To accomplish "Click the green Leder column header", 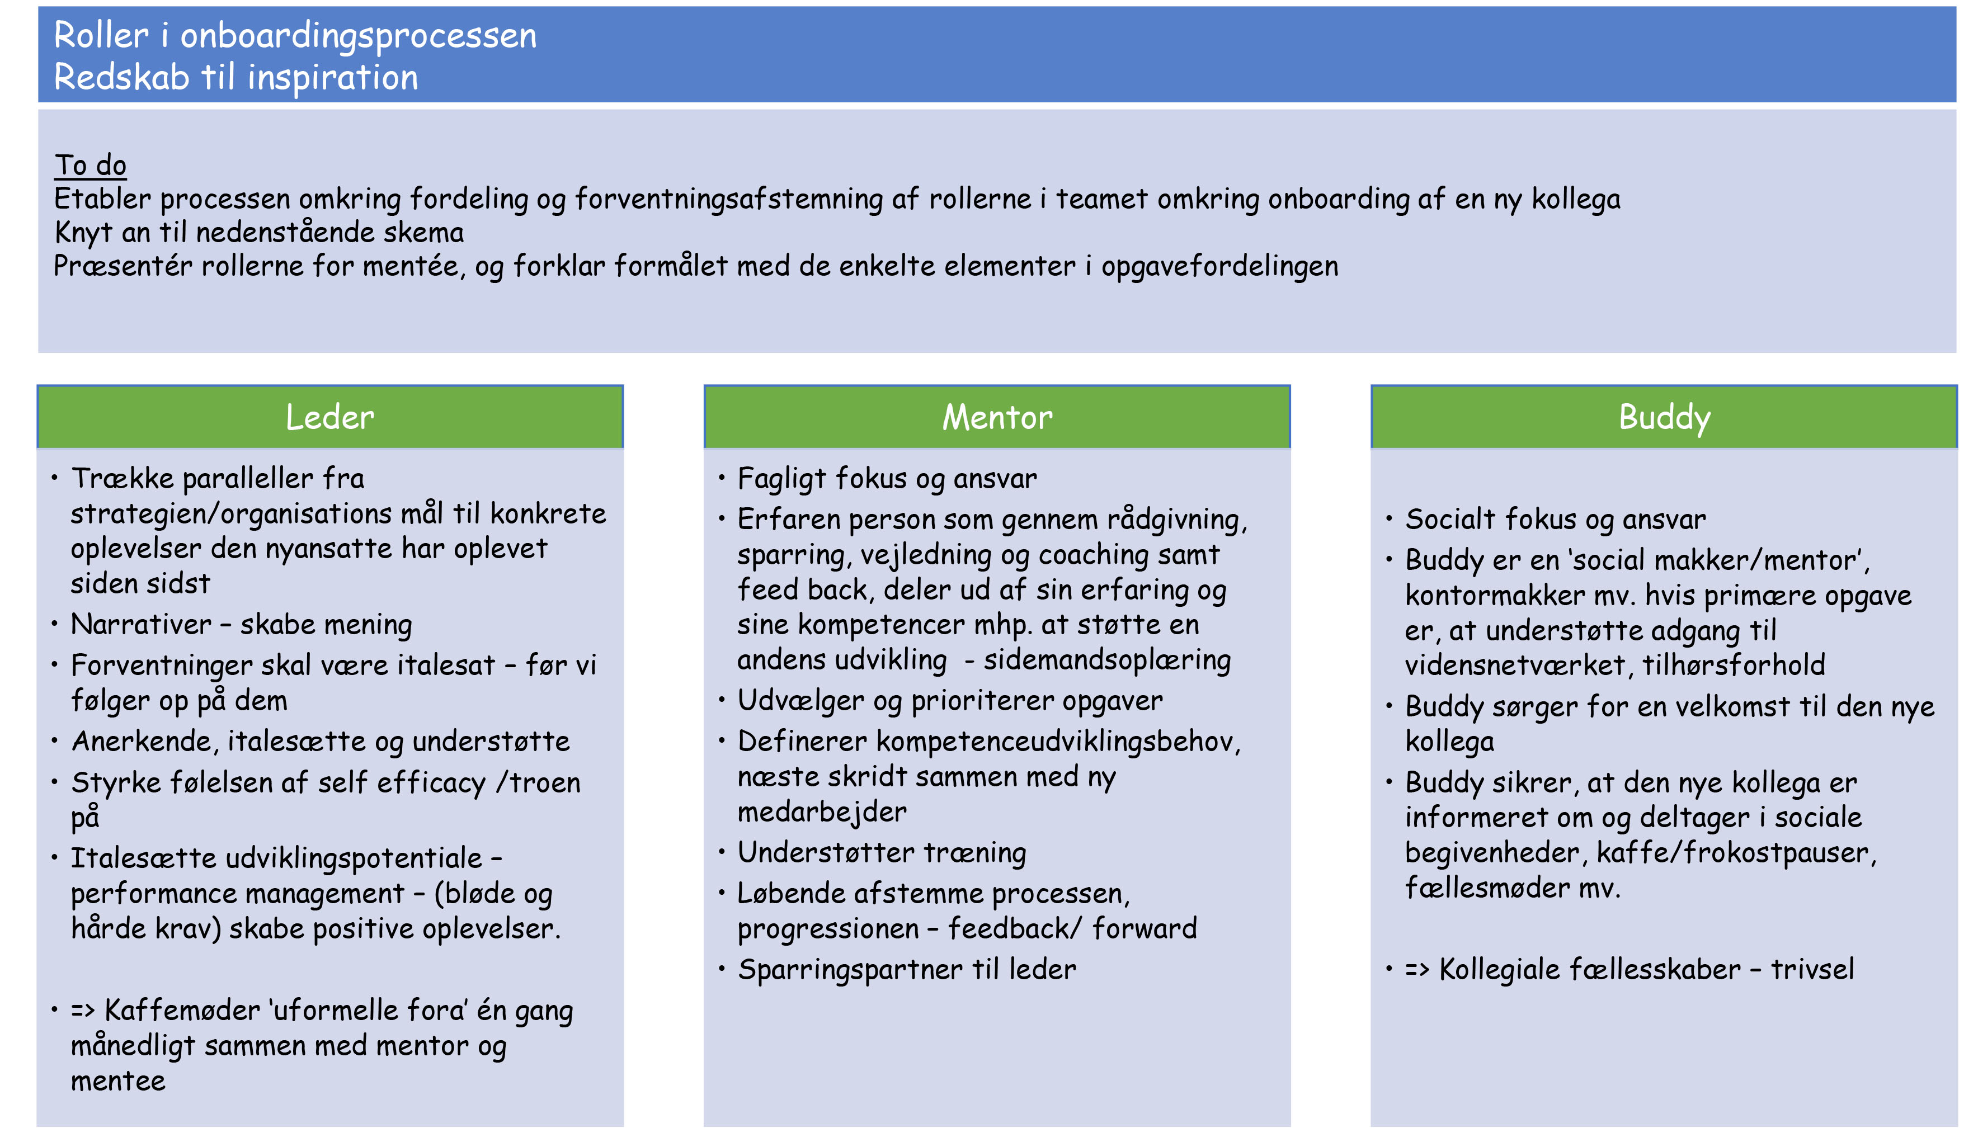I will click(x=329, y=417).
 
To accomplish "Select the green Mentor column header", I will click(x=996, y=417).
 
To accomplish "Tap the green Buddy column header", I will click(x=1664, y=417).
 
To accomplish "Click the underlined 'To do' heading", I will click(x=90, y=165).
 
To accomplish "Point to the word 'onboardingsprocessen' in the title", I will click(x=359, y=36).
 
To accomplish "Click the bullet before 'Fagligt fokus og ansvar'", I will click(x=722, y=478).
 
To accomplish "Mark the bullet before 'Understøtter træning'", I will click(x=722, y=852).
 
